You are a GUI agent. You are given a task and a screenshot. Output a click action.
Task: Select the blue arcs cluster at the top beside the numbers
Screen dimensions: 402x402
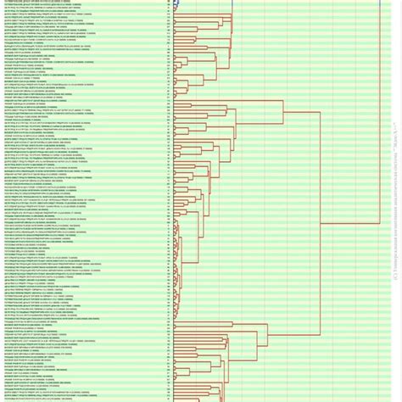click(x=177, y=5)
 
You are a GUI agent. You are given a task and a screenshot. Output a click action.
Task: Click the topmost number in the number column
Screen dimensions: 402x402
click(x=169, y=2)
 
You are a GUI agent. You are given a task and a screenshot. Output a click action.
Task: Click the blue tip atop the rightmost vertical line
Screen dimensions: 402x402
click(x=379, y=3)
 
